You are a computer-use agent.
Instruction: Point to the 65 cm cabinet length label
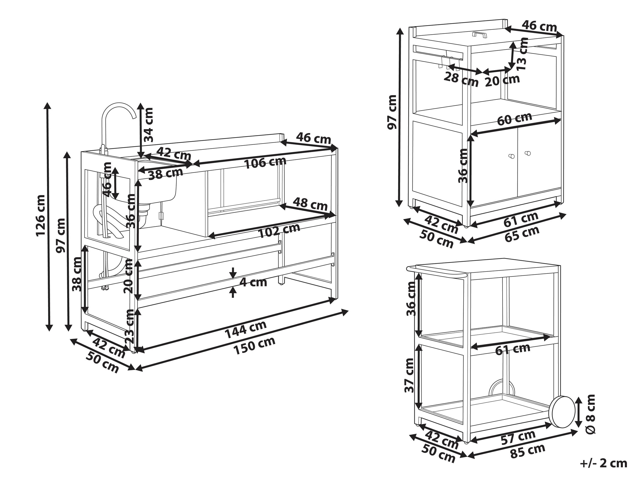(x=522, y=234)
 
